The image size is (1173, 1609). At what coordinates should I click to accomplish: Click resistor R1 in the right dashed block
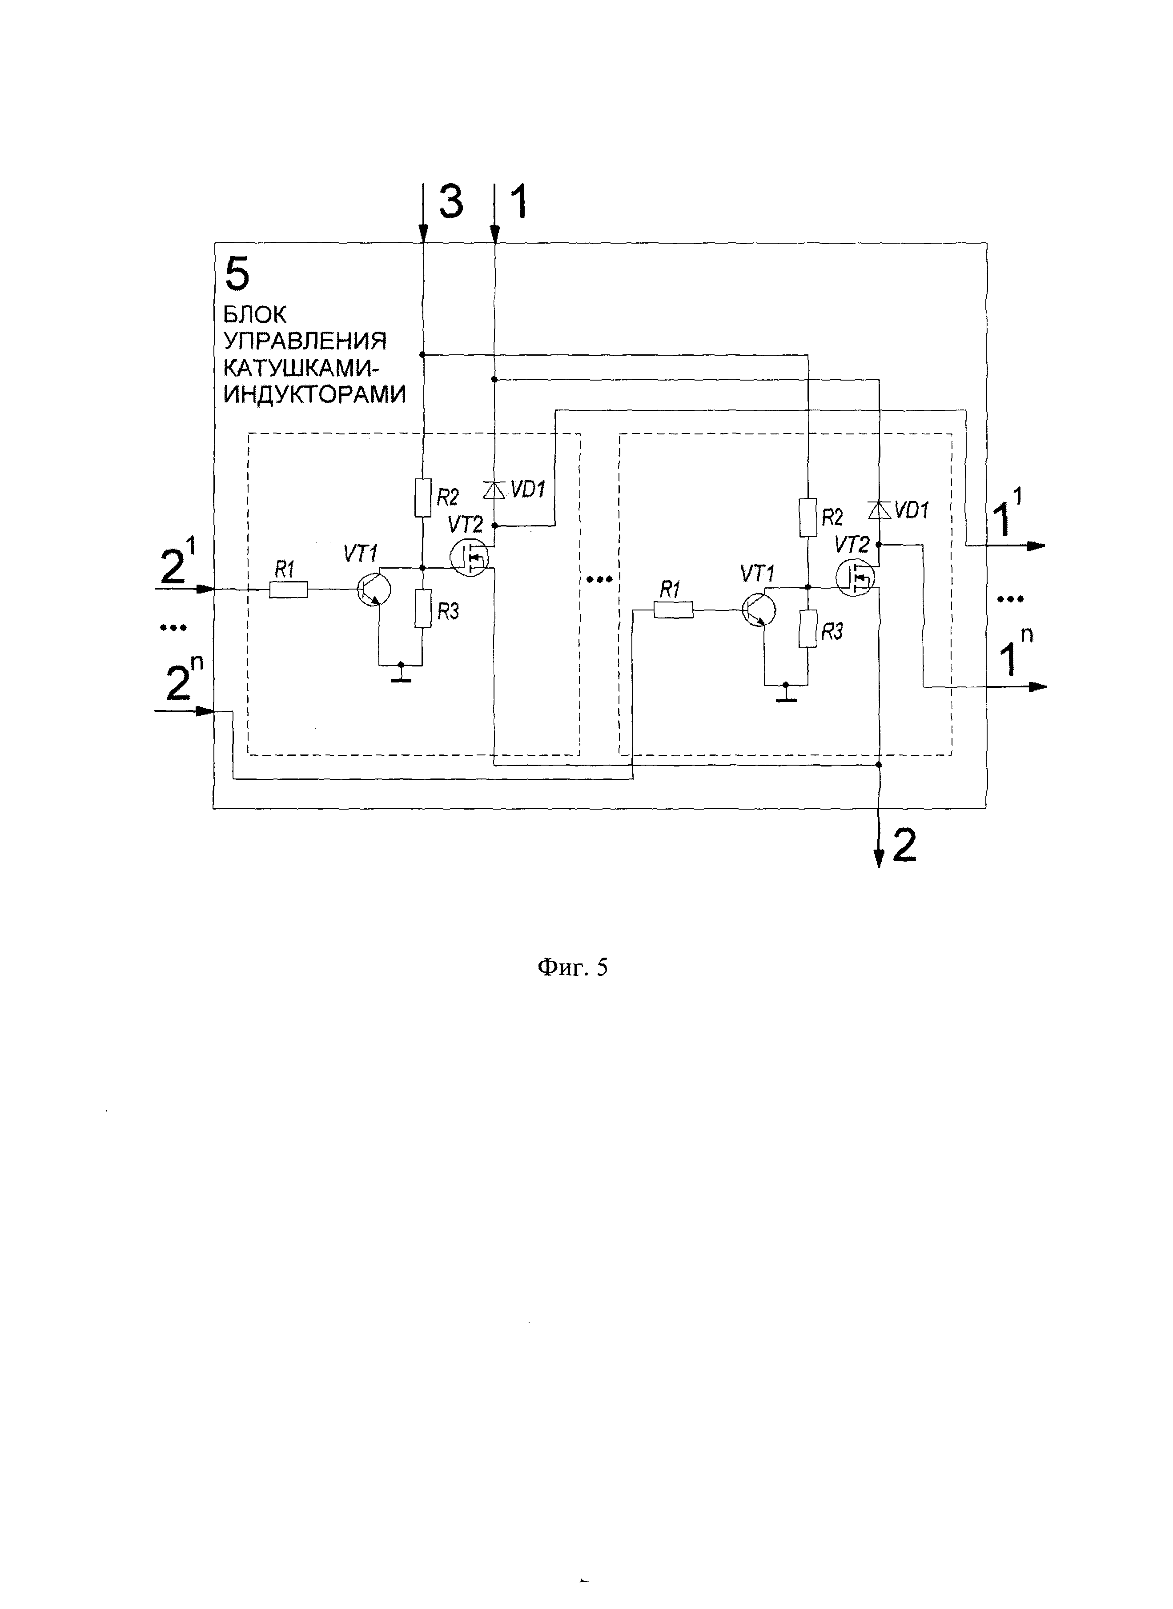point(673,610)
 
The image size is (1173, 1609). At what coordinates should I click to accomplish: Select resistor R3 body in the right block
point(807,628)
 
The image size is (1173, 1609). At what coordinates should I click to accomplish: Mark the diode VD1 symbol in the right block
point(879,510)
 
